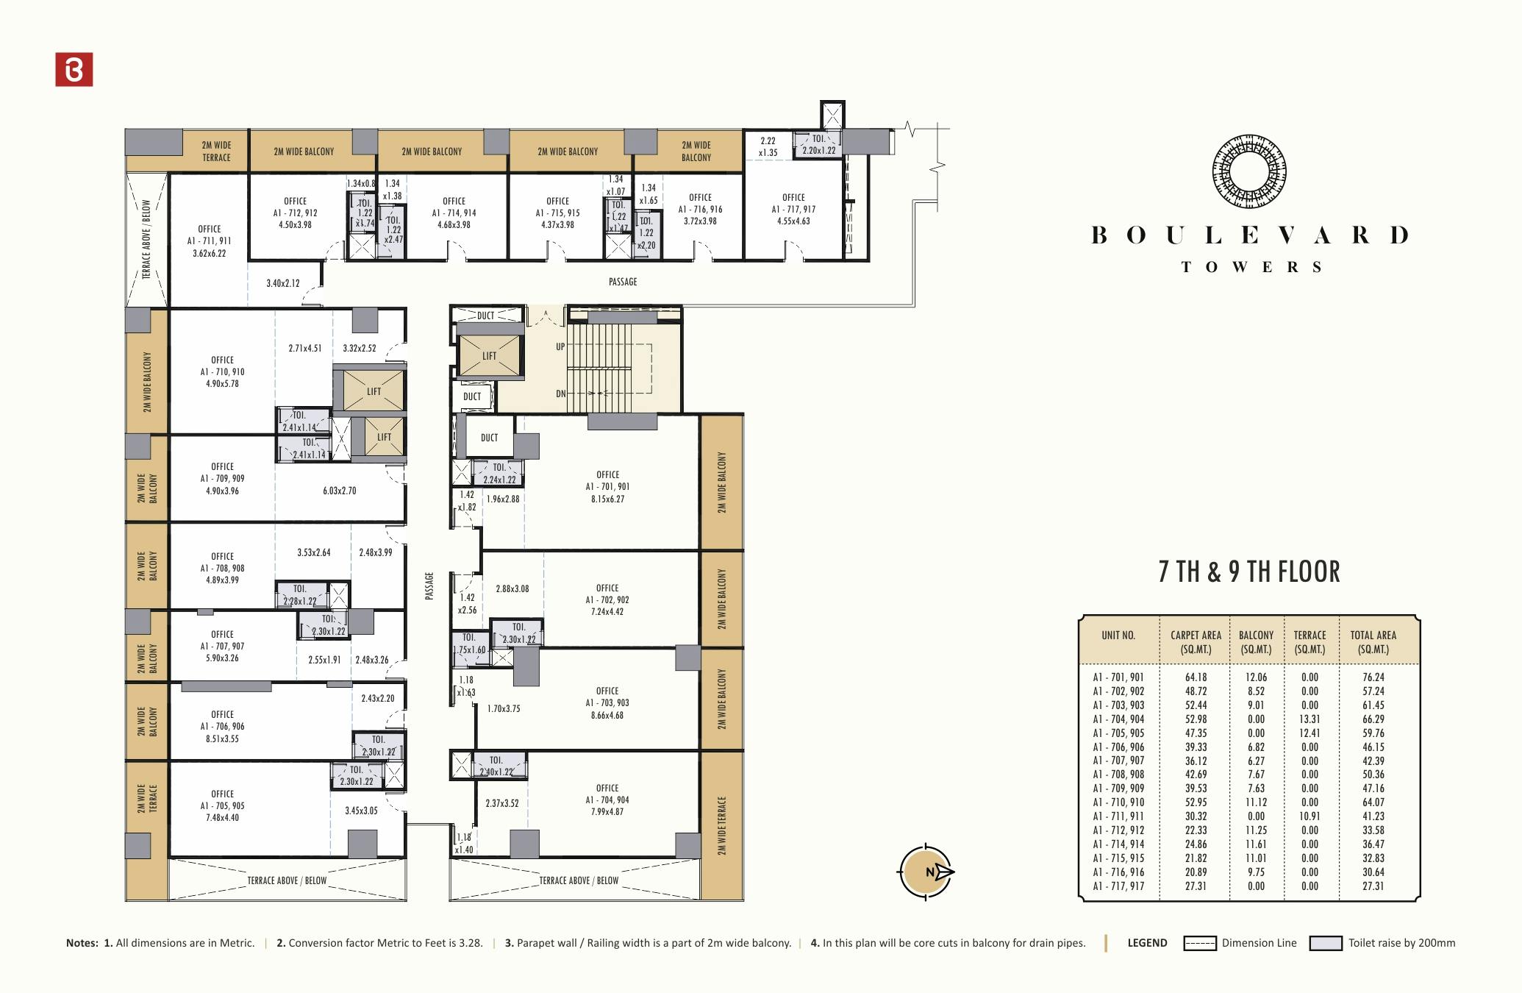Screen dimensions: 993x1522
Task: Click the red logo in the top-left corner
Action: [x=74, y=69]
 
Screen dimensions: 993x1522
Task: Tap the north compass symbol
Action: [x=926, y=872]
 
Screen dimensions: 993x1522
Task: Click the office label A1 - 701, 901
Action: [x=607, y=486]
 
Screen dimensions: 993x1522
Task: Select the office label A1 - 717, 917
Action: [x=793, y=209]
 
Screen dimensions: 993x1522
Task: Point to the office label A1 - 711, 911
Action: [x=209, y=241]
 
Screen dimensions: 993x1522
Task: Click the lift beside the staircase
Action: [x=489, y=356]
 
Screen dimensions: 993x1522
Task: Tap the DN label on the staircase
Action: [x=561, y=394]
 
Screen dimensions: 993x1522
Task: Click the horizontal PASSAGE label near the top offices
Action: [x=623, y=282]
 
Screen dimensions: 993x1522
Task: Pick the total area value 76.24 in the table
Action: [x=1373, y=677]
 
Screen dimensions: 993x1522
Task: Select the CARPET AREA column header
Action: [x=1196, y=641]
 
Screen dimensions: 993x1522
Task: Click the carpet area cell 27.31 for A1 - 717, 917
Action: [x=1196, y=886]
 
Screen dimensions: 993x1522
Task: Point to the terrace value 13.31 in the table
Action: [x=1310, y=719]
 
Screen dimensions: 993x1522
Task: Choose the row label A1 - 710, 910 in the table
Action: [x=1118, y=802]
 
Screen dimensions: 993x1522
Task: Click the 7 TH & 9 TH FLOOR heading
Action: [x=1248, y=572]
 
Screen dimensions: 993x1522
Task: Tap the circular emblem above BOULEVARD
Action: [x=1249, y=171]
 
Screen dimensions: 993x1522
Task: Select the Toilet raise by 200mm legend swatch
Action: [x=1326, y=943]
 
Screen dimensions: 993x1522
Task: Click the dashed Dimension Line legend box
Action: [x=1199, y=943]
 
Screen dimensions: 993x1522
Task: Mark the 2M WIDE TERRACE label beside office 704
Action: [x=722, y=825]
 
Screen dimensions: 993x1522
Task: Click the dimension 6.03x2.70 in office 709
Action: [x=339, y=491]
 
